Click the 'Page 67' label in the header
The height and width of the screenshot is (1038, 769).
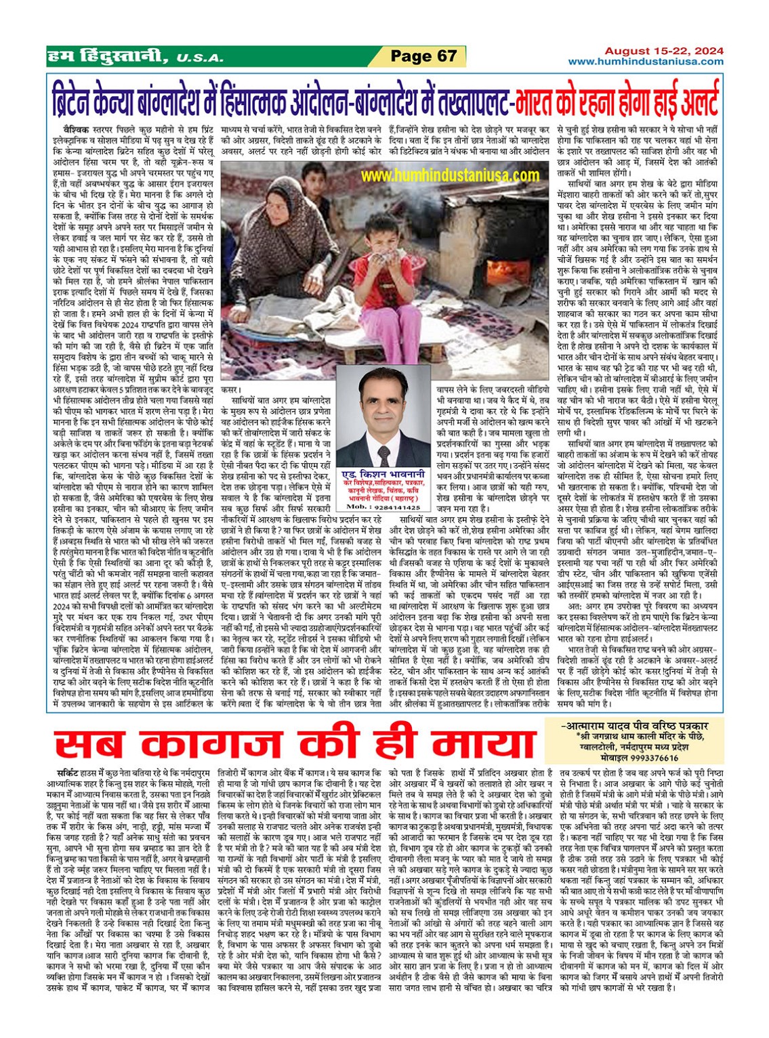coord(424,56)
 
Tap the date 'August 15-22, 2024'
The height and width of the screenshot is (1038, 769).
coord(663,51)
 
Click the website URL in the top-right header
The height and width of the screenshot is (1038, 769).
coord(645,62)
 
